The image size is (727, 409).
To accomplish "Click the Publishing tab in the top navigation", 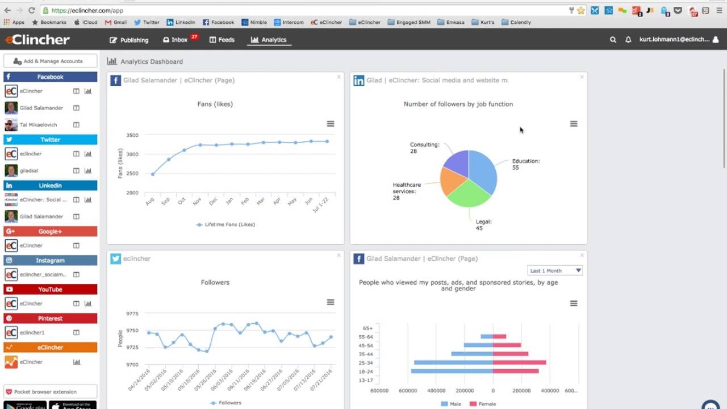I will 129,40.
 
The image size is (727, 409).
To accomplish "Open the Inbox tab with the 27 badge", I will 176,40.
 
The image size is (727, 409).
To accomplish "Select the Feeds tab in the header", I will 222,40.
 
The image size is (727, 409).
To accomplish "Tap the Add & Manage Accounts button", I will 50,61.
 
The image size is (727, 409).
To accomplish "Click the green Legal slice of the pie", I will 468,193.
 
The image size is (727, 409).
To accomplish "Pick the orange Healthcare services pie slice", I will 453,181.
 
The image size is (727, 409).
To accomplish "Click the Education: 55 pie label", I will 525,164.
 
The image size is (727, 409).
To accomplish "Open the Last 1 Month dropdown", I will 555,270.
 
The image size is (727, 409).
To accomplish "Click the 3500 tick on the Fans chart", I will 132,135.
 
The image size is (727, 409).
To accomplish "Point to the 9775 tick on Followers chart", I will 132,314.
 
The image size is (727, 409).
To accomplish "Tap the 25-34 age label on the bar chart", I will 366,363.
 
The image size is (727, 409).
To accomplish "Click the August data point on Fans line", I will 153,174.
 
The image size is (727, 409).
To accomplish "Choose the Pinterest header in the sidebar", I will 50,318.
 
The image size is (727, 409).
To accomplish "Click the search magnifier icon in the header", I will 613,40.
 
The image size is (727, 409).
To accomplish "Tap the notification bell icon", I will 628,40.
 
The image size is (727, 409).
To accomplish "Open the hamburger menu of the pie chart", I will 574,124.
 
